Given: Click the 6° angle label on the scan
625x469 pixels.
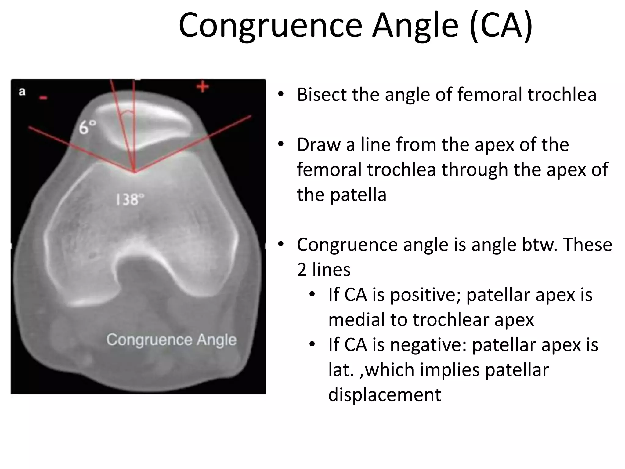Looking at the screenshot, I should (x=88, y=127).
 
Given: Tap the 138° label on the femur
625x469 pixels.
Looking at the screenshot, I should (x=129, y=200).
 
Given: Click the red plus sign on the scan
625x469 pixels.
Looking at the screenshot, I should (x=203, y=87).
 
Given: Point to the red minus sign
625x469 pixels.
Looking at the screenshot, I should (x=43, y=98).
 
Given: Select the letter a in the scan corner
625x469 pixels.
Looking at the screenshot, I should (x=22, y=92).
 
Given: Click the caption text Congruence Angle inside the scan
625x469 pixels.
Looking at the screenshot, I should (x=171, y=340).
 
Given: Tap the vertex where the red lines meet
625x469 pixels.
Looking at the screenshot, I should (x=135, y=172).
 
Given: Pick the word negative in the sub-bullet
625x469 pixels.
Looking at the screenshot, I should (x=428, y=345).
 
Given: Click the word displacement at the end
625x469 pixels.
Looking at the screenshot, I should (x=385, y=394).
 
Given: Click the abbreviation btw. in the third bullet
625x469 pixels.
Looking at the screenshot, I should (x=534, y=245).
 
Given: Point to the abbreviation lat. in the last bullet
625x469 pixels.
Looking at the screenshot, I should (x=341, y=370).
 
